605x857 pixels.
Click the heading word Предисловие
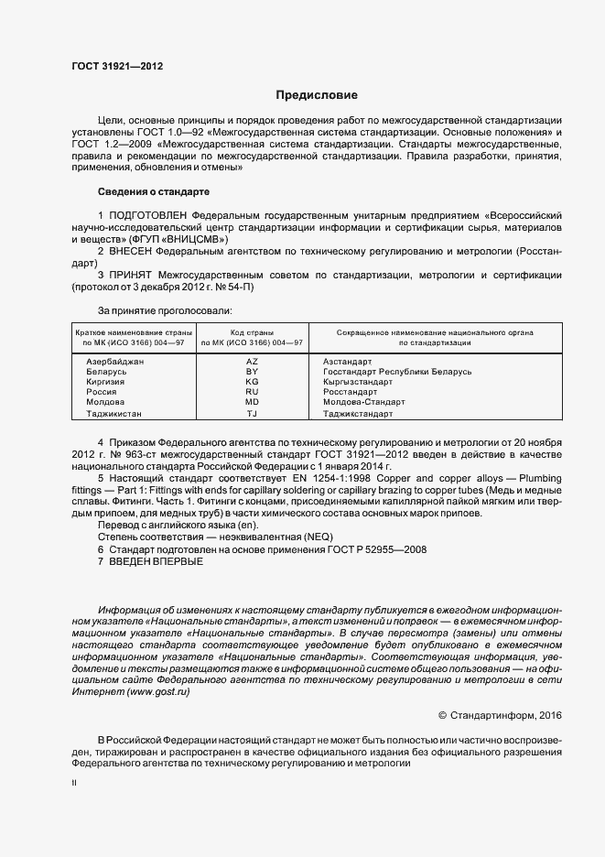(x=317, y=95)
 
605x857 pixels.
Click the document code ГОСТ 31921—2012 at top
(x=118, y=66)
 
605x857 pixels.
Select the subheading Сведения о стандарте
(x=154, y=192)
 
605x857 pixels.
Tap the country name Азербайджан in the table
(x=114, y=362)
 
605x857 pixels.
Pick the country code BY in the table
(x=253, y=372)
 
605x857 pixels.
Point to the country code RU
(x=253, y=392)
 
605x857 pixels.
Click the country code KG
(x=253, y=382)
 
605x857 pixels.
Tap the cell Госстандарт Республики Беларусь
(x=397, y=372)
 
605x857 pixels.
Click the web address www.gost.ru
(x=159, y=692)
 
